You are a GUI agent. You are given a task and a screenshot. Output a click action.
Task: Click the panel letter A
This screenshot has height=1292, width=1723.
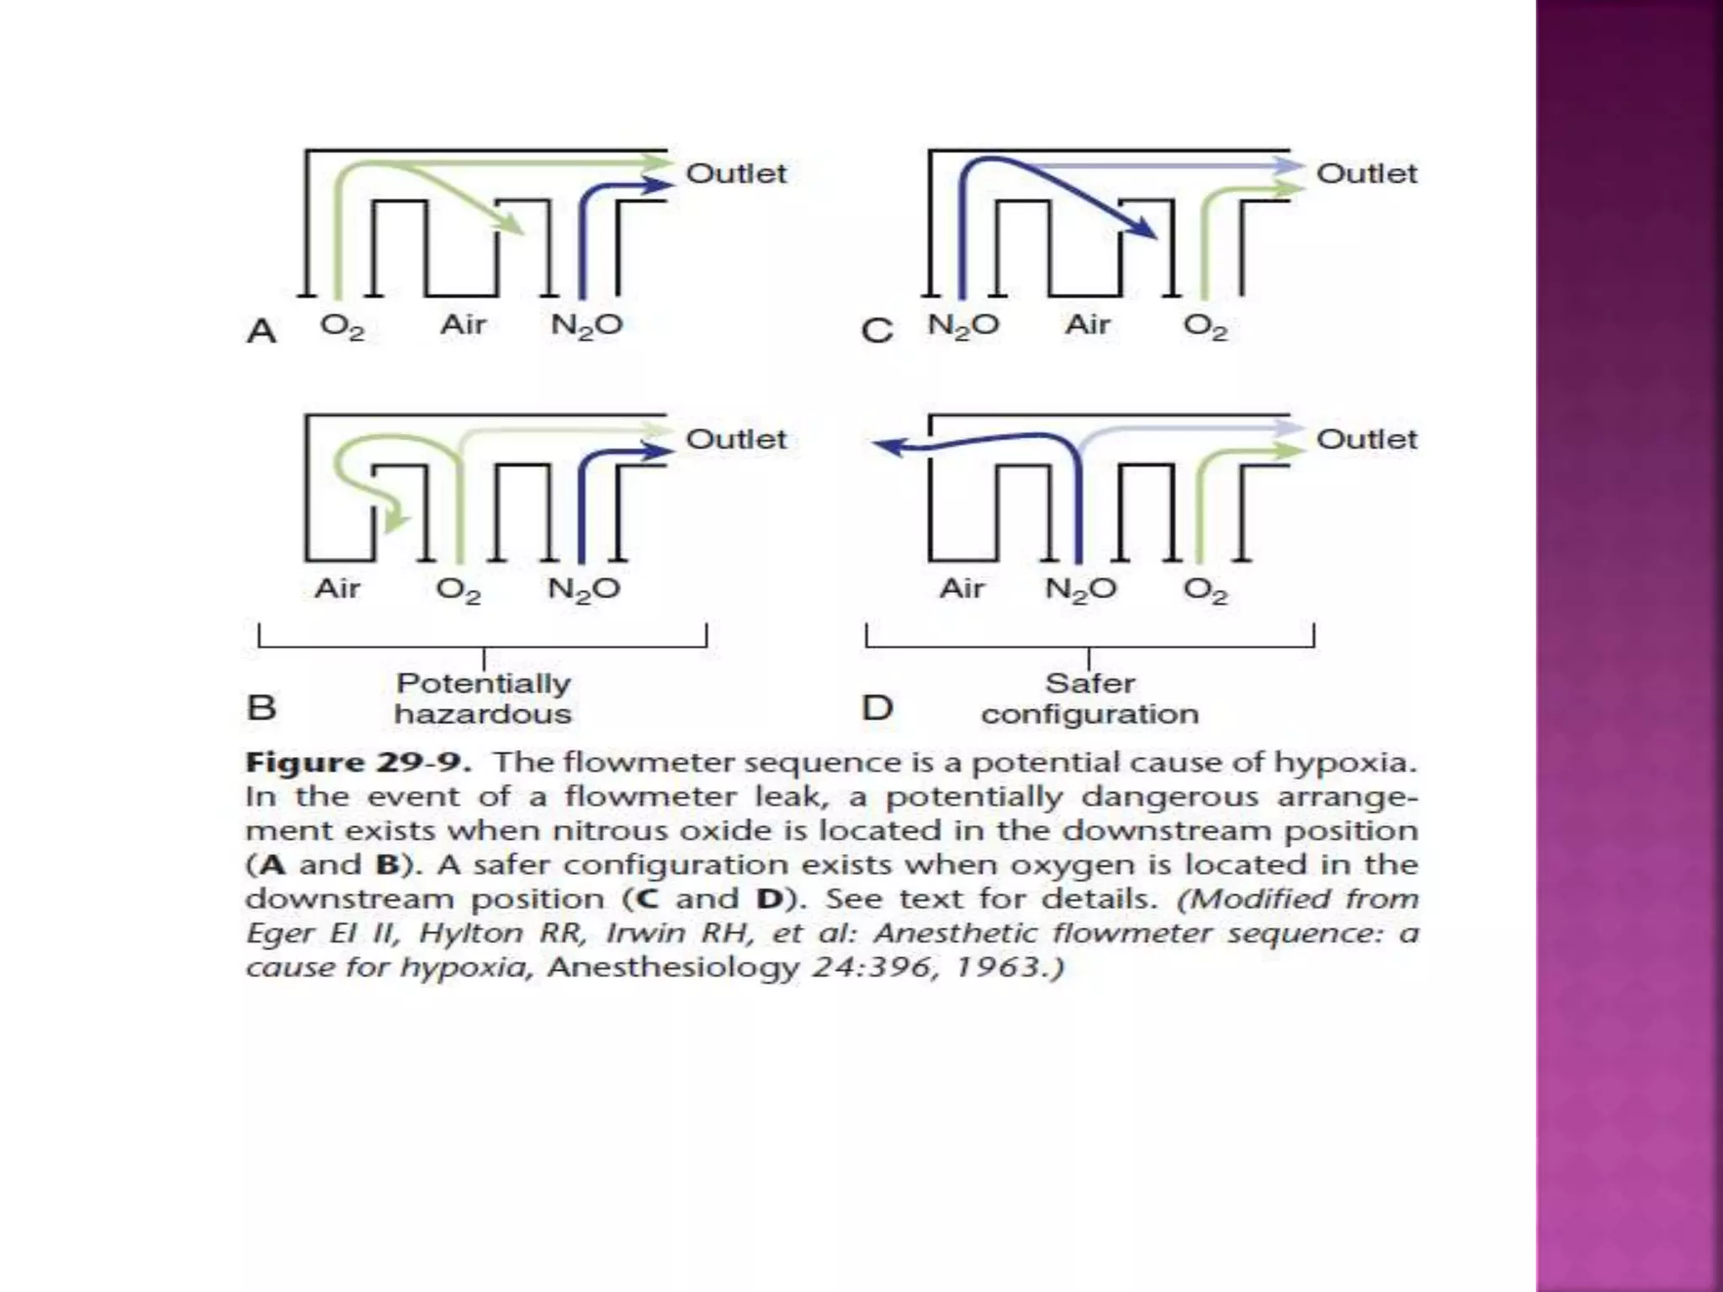point(262,331)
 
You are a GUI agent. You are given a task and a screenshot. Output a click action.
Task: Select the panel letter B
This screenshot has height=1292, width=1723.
point(262,707)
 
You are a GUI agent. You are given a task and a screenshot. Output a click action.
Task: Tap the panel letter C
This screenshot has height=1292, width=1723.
point(877,331)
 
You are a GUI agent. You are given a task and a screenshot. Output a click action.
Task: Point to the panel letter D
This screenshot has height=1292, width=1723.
point(877,707)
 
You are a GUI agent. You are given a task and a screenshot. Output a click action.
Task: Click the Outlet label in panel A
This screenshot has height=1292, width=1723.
point(736,173)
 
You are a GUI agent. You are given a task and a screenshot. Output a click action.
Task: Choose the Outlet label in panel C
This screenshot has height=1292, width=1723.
point(1366,173)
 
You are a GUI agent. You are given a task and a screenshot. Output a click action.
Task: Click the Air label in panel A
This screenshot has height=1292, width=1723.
point(463,325)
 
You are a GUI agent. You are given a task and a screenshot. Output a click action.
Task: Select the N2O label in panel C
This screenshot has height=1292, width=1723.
point(963,325)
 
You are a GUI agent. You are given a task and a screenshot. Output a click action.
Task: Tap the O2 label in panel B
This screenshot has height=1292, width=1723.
point(459,590)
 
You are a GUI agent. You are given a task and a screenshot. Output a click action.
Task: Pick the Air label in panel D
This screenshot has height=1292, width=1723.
point(962,588)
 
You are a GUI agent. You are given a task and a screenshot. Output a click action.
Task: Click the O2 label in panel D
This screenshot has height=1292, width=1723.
point(1206,590)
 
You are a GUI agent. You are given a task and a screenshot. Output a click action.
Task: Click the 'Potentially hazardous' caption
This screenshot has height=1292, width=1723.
point(483,698)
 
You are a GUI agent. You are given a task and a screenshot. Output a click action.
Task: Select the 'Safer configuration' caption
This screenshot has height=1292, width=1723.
point(1089,698)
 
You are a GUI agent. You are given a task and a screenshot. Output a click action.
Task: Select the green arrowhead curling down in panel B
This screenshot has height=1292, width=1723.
point(394,522)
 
